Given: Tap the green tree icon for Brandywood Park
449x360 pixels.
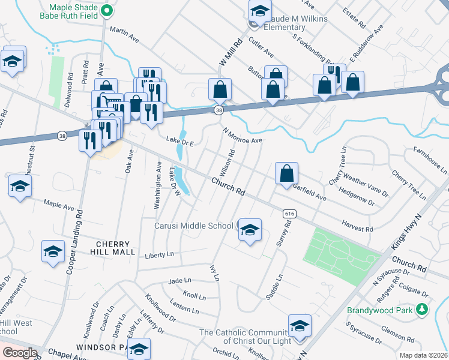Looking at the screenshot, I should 422,310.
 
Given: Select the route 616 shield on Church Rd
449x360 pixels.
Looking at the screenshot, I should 289,214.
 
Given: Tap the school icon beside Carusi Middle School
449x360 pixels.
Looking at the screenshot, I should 250,230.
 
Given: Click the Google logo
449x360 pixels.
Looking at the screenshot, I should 20,353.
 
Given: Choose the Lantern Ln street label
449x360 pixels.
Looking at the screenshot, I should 184,307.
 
